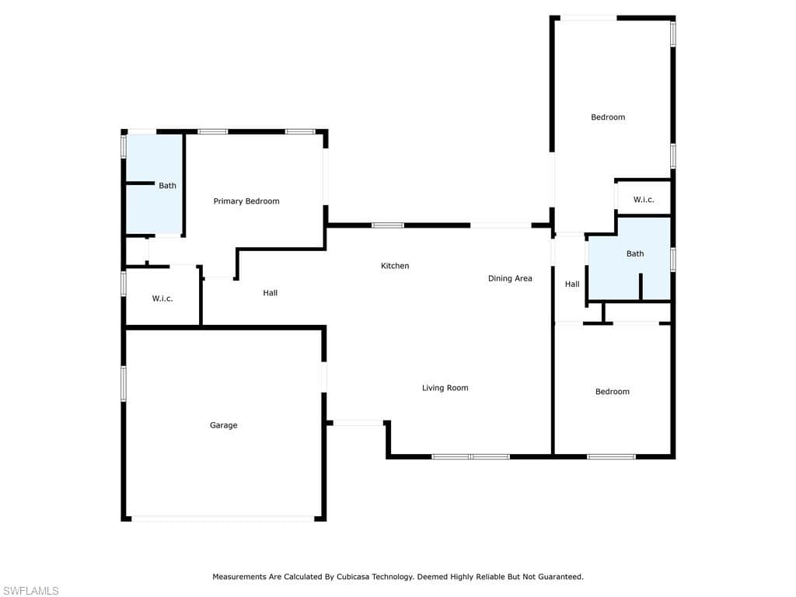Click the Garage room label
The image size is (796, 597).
(223, 425)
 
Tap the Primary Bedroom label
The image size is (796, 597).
(246, 201)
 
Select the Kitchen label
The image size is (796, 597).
(395, 266)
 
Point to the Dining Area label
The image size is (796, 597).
(510, 278)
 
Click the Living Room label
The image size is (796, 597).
(445, 388)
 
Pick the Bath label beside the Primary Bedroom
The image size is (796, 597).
(168, 186)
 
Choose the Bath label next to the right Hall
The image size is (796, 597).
(635, 254)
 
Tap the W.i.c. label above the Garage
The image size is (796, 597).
(162, 298)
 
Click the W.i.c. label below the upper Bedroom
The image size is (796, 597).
(644, 200)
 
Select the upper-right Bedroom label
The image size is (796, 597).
(608, 117)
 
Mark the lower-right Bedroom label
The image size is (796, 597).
(613, 392)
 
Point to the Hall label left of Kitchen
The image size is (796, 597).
(270, 293)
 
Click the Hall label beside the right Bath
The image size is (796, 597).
(572, 285)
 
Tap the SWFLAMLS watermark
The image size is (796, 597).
(30, 591)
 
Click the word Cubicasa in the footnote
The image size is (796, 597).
(353, 577)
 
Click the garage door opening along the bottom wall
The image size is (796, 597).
(223, 518)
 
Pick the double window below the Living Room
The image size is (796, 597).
(470, 457)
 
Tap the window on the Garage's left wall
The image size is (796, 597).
(124, 384)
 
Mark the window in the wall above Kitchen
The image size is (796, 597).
(388, 225)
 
